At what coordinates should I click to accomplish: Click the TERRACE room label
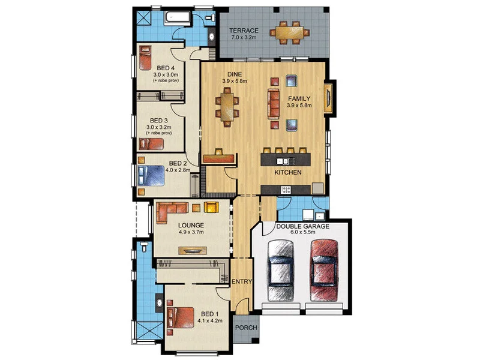pos(245,30)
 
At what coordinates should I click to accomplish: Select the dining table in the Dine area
pos(227,107)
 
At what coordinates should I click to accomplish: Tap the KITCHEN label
pos(288,173)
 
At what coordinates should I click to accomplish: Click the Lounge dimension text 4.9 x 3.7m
pos(191,233)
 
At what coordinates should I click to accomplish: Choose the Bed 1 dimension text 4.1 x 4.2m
pos(210,321)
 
